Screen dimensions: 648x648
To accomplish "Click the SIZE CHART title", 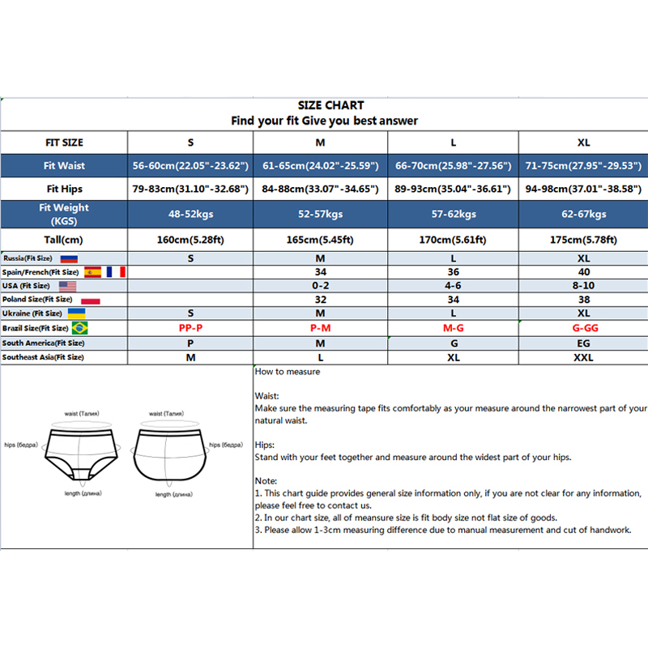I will (x=330, y=105).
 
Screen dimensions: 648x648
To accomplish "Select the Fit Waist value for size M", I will (x=321, y=165).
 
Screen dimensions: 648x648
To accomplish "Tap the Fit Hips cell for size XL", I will (x=583, y=190).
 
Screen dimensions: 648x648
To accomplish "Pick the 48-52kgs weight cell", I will (x=190, y=214).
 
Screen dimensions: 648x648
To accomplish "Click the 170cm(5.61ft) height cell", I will (x=453, y=240).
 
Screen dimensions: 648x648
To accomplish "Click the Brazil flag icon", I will (x=80, y=328).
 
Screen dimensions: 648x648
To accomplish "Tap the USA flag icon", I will (x=68, y=286).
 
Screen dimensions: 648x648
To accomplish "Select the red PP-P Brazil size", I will (x=190, y=328).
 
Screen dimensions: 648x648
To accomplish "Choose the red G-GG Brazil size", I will (x=583, y=328).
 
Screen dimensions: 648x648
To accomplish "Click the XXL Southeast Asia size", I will (x=583, y=357).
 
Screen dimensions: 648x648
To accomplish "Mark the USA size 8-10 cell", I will (x=583, y=286).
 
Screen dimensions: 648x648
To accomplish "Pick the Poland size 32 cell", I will (x=321, y=300).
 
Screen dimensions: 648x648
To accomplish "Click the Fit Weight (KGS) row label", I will (x=64, y=214).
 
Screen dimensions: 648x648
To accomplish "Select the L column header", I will (x=453, y=143).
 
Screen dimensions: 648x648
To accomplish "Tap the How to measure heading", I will (x=288, y=372).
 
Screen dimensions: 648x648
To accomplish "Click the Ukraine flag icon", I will (x=77, y=313).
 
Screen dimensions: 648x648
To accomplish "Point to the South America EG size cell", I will (x=583, y=343).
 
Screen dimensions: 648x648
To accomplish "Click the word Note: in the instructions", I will (x=266, y=481).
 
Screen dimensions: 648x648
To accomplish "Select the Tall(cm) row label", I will (x=64, y=240).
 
